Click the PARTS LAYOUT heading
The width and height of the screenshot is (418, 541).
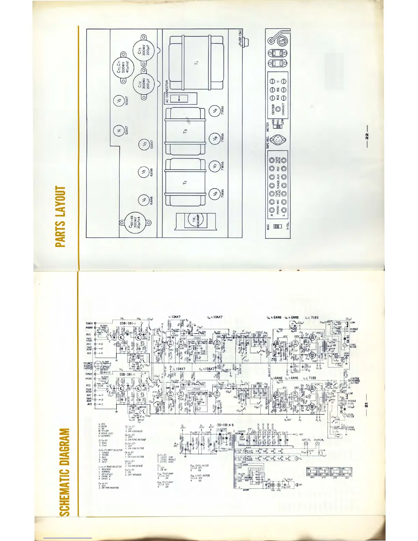point(61,217)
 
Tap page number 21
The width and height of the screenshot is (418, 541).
point(366,405)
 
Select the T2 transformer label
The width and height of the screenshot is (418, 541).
point(185,183)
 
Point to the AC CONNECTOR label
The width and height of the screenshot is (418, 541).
point(167,92)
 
